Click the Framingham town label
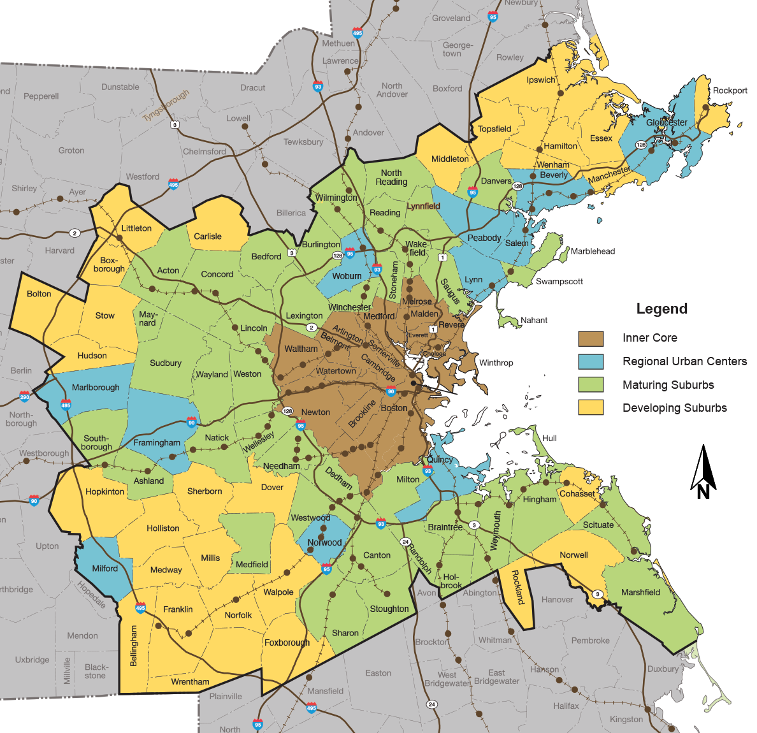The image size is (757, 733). (x=157, y=443)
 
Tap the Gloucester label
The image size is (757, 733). (x=667, y=122)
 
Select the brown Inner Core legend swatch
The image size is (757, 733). (x=591, y=338)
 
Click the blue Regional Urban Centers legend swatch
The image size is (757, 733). (x=591, y=361)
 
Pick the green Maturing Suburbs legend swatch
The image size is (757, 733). (x=591, y=384)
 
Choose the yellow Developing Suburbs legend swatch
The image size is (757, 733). (x=591, y=408)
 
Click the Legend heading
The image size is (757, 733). (x=662, y=309)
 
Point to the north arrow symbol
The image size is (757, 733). (x=703, y=472)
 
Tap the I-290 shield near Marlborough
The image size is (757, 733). (x=24, y=396)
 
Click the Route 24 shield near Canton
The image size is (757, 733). (x=405, y=542)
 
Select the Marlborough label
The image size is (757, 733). (x=96, y=388)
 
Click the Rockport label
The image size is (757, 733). (x=730, y=91)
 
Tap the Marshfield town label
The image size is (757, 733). (x=640, y=592)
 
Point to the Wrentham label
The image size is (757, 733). (x=190, y=682)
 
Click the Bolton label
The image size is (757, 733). (x=39, y=294)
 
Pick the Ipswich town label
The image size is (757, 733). (x=541, y=80)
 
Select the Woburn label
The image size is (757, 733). (x=347, y=276)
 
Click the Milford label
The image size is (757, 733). (x=105, y=569)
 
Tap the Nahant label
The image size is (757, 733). (x=534, y=320)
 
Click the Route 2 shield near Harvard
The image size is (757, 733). (x=75, y=233)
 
